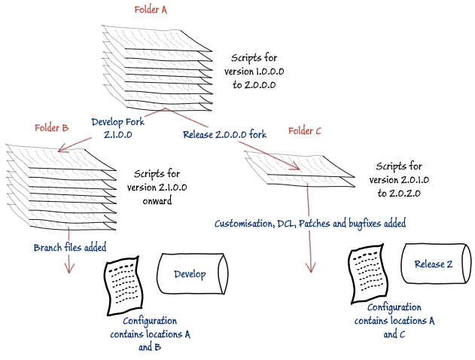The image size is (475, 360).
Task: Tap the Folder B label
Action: point(52,127)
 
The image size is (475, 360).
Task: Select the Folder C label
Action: point(305,131)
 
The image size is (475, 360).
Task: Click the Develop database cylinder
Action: point(189,274)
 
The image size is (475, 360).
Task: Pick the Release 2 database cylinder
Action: point(434,264)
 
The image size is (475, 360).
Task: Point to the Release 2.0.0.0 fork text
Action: point(224,135)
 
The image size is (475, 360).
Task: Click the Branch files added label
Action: point(70,247)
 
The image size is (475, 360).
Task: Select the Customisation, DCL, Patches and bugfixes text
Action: point(310,224)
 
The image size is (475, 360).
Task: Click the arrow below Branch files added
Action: point(71,264)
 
